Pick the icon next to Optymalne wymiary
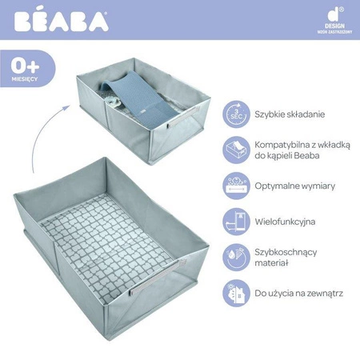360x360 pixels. click(x=235, y=186)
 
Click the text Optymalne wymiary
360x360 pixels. click(x=296, y=186)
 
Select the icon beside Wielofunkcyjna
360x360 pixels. click(x=235, y=221)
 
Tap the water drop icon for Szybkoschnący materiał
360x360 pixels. click(x=235, y=257)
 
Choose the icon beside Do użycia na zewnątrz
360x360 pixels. click(x=235, y=293)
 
